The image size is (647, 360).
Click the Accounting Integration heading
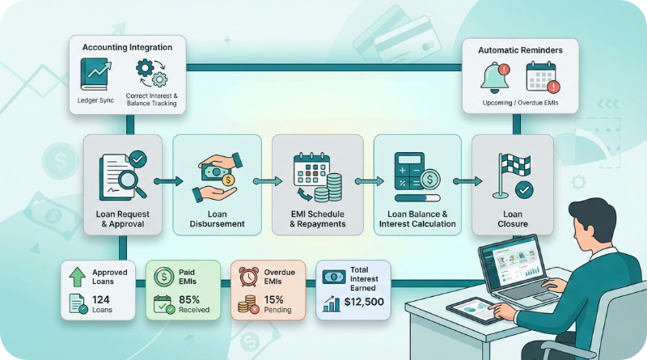click(x=128, y=48)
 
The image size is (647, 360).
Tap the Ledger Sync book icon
click(x=95, y=77)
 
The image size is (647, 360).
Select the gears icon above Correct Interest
click(x=151, y=76)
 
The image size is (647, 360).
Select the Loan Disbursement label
click(x=217, y=218)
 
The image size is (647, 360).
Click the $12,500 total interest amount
click(x=363, y=303)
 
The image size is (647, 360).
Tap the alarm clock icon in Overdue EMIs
click(x=247, y=277)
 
